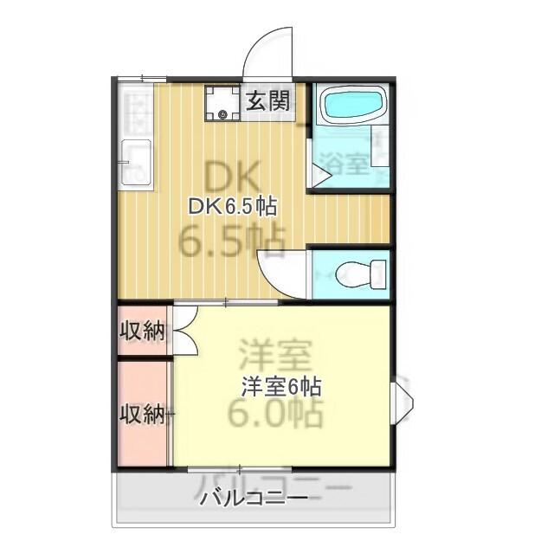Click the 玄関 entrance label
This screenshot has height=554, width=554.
click(267, 100)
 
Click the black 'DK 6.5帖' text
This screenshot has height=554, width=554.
click(233, 207)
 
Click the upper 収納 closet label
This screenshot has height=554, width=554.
click(142, 330)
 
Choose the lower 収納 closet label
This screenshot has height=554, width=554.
click(142, 414)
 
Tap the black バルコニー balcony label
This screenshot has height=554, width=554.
click(252, 499)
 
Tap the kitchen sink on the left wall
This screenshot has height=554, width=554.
click(136, 160)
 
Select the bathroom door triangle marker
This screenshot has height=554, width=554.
click(319, 177)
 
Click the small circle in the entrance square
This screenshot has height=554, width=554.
click(223, 115)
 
